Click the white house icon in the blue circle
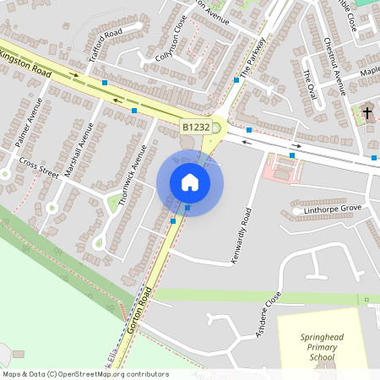[x=190, y=182]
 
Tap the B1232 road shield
[x=194, y=128]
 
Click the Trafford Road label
[x=106, y=46]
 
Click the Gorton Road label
[x=139, y=312]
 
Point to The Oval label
[x=309, y=84]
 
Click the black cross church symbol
[x=367, y=111]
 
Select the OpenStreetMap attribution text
[x=84, y=374]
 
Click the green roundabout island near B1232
[x=216, y=128]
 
